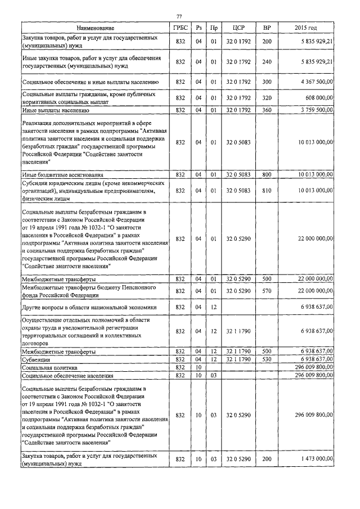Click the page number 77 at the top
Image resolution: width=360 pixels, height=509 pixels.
tap(179, 16)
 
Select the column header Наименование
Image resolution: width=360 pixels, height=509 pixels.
tap(94, 28)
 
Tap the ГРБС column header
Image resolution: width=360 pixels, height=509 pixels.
tap(180, 28)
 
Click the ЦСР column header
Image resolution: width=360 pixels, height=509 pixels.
tap(237, 28)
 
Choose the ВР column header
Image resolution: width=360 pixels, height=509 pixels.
tap(267, 28)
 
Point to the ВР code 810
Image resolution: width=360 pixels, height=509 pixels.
tap(267, 191)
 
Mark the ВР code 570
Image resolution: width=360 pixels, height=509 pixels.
tap(267, 291)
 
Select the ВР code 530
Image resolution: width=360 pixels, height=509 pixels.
tap(267, 358)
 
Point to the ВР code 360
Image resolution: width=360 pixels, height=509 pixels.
tap(267, 110)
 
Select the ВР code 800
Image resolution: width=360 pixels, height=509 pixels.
tap(267, 175)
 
